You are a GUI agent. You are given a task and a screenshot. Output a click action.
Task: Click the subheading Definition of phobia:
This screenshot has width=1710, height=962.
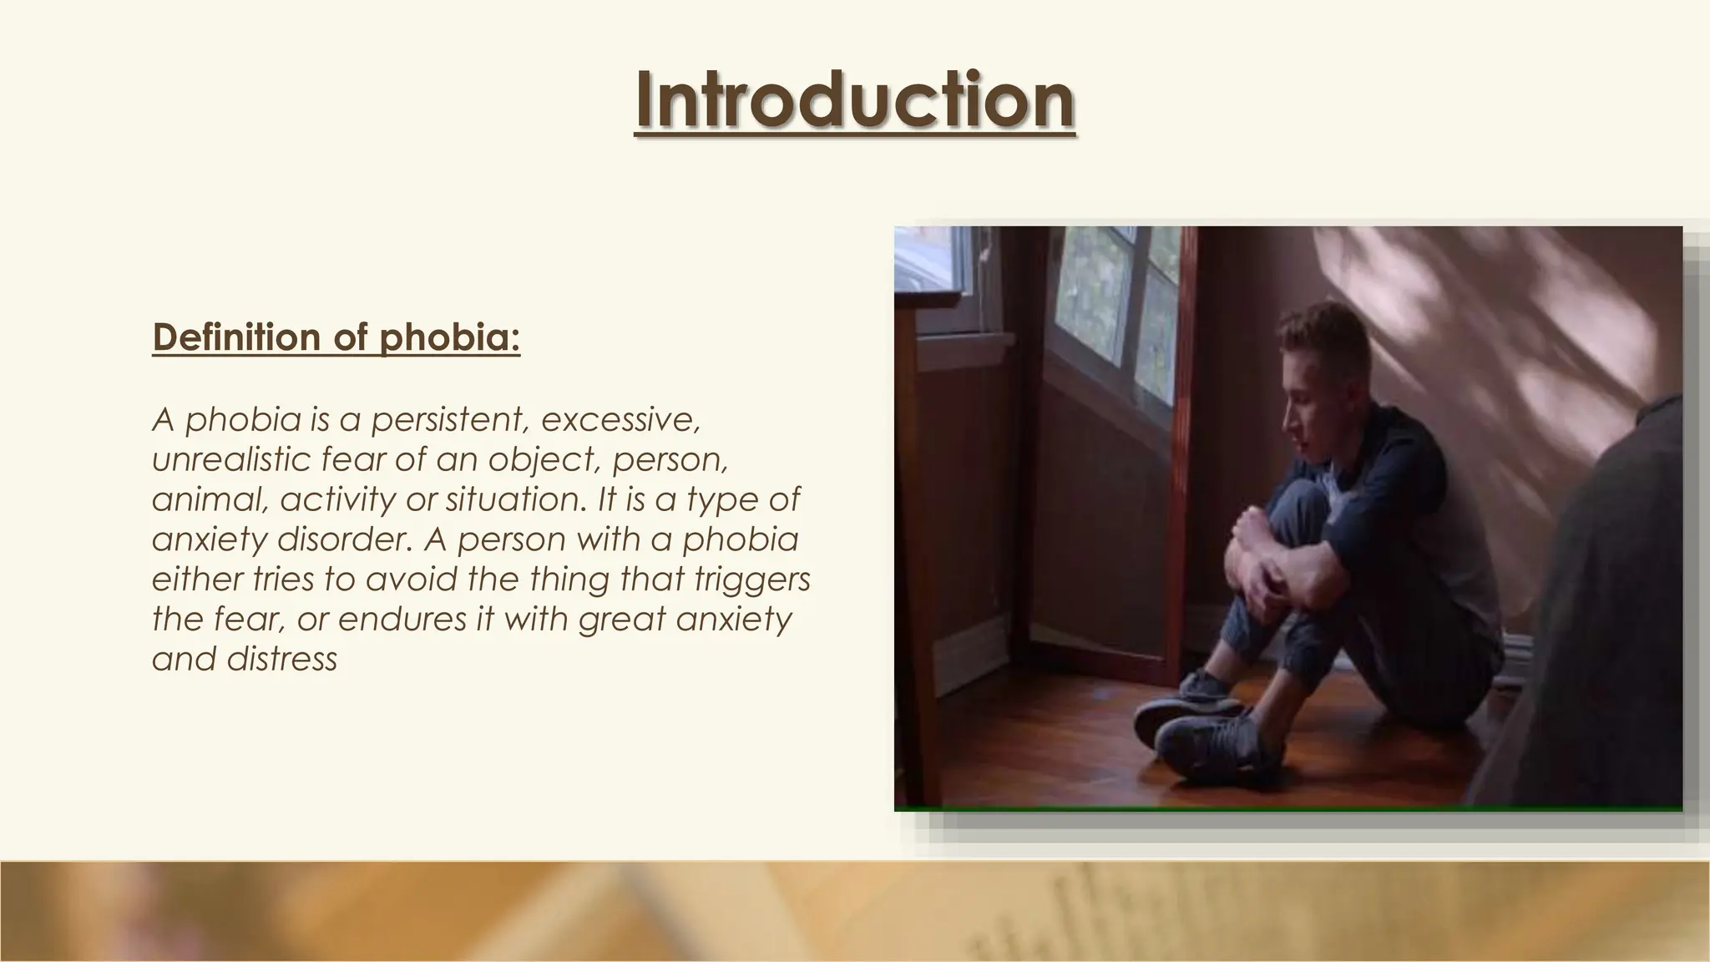(x=336, y=337)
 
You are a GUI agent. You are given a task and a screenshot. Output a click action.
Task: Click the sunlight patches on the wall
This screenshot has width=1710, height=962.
(x=1545, y=334)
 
